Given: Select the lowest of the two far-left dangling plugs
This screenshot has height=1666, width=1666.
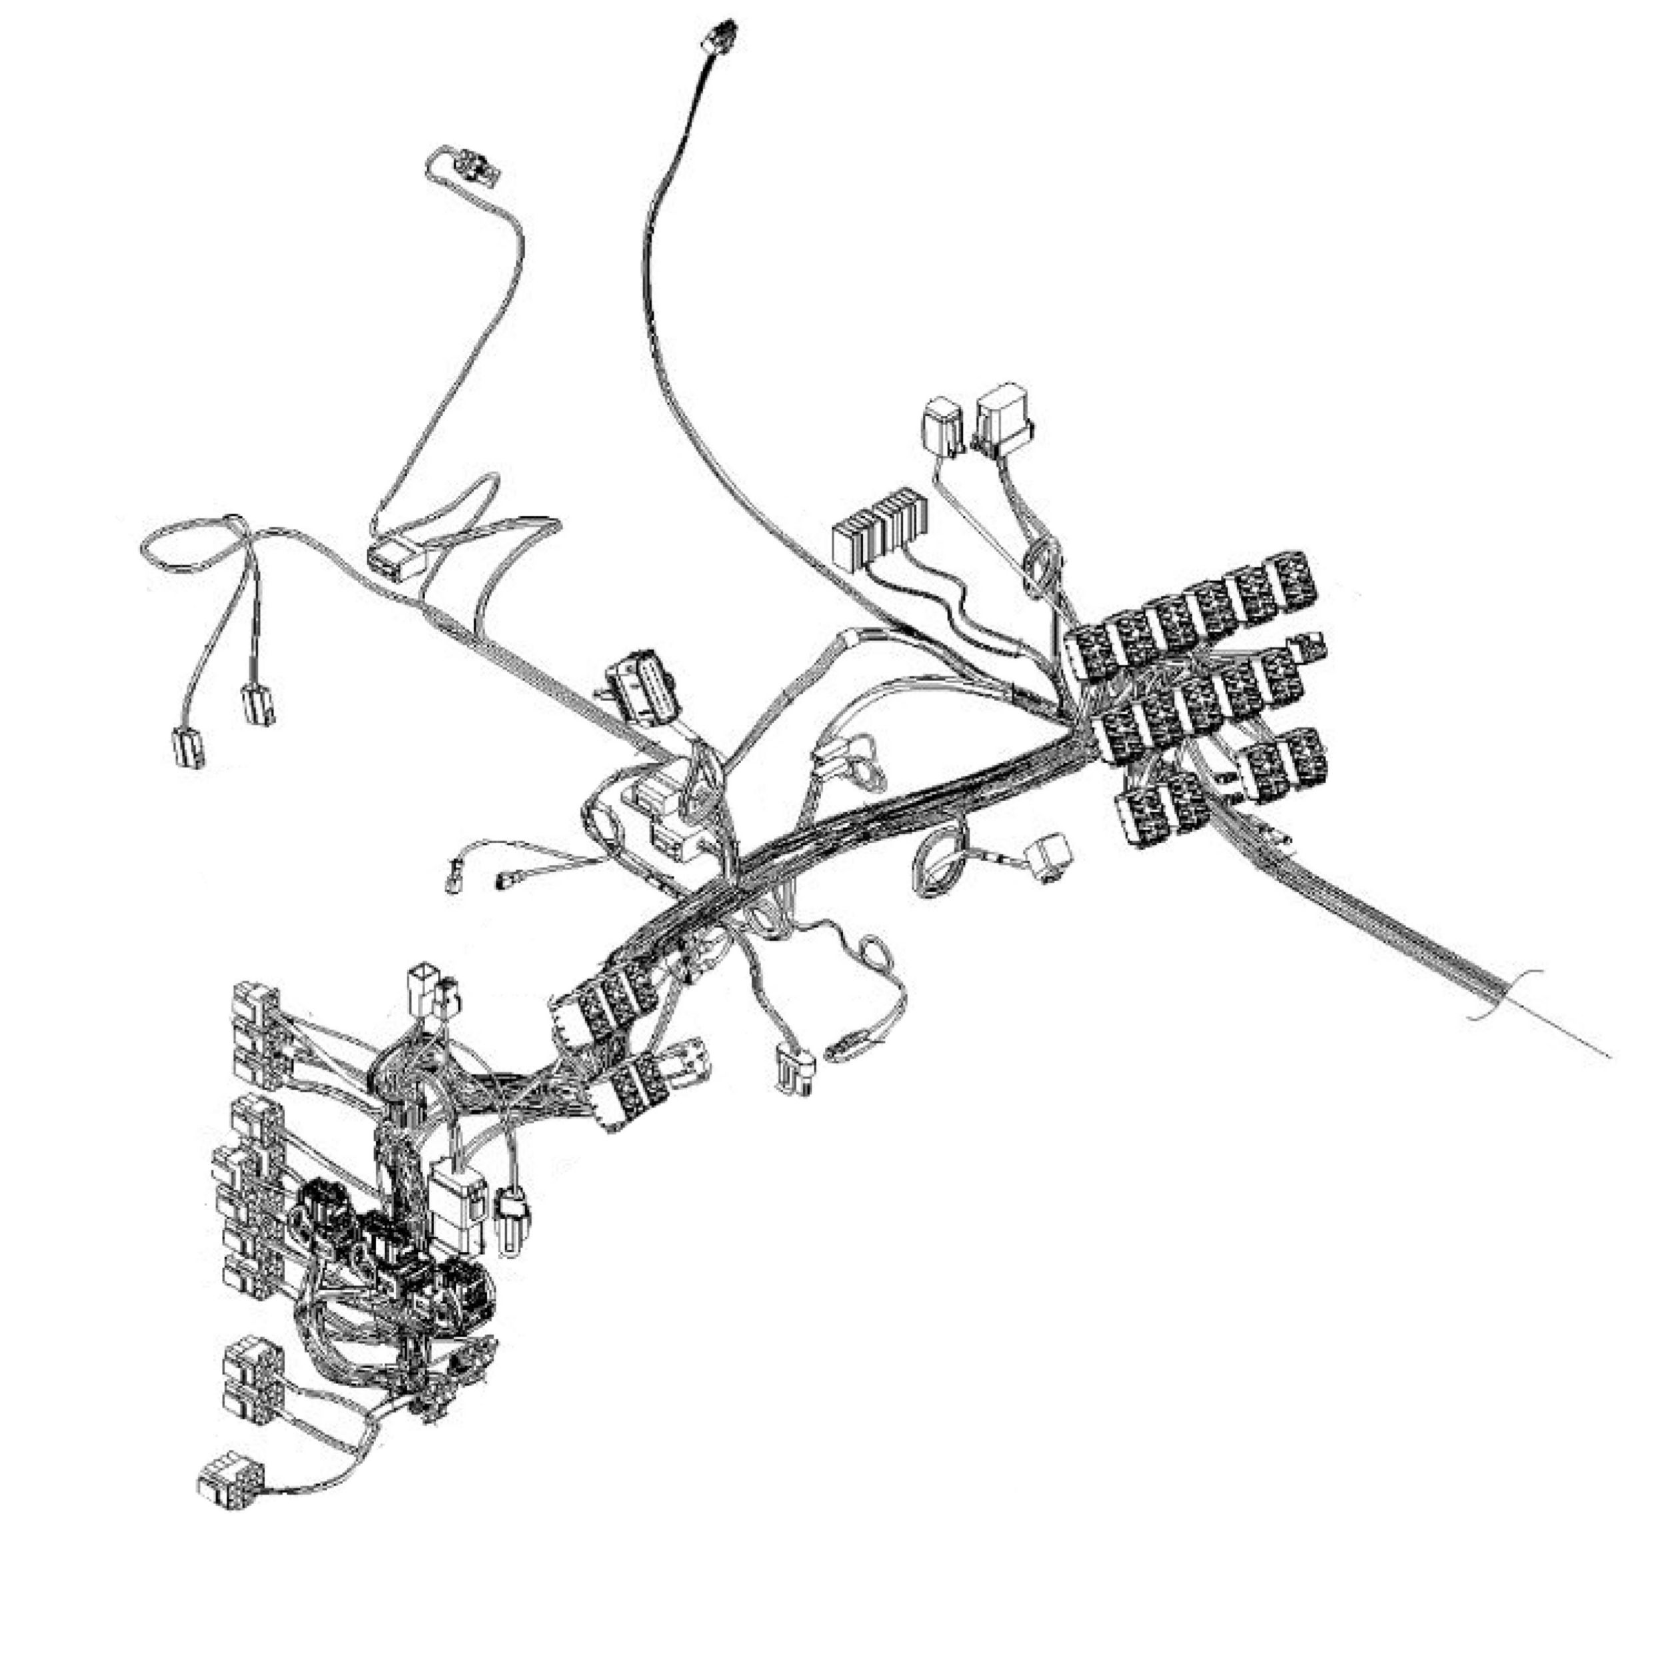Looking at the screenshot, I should tap(189, 747).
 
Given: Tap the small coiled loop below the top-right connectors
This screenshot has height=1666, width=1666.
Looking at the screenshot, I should tap(1041, 566).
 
